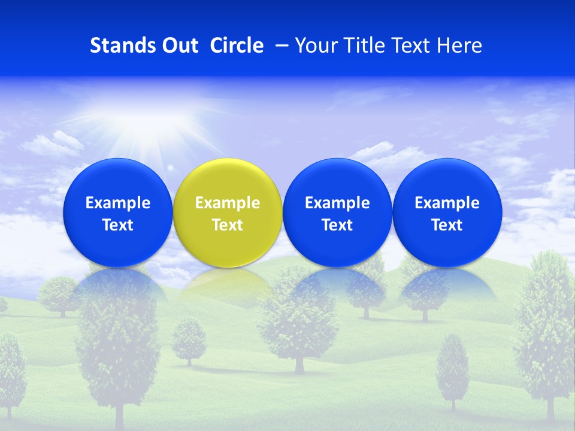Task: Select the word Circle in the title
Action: click(237, 45)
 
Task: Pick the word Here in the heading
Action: click(459, 45)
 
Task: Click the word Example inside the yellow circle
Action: click(228, 203)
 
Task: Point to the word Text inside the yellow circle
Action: click(228, 225)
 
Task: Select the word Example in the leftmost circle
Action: click(117, 203)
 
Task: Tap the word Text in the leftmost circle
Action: click(117, 225)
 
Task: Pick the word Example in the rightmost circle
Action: click(447, 203)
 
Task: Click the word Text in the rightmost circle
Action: click(447, 225)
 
